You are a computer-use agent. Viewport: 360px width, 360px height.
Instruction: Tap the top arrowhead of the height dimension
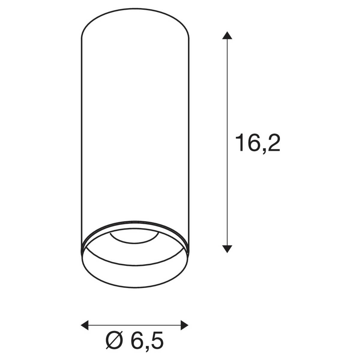coord(227,35)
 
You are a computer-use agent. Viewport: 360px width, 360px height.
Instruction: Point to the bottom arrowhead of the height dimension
coord(227,248)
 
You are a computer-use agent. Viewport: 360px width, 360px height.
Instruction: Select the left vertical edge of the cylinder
coord(82,135)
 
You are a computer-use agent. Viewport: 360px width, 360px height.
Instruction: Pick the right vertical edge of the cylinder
coord(189,135)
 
